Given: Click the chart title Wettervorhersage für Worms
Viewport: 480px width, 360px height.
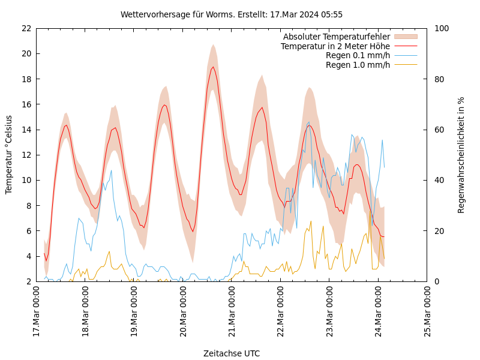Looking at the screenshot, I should tap(232, 14).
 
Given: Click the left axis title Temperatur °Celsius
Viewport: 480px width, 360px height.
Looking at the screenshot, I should tap(9, 154).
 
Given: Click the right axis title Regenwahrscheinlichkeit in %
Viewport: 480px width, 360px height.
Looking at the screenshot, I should tap(461, 154).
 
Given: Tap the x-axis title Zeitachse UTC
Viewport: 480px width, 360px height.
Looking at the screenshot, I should tap(232, 353).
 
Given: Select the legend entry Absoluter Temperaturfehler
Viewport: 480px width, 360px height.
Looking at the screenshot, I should tap(337, 37).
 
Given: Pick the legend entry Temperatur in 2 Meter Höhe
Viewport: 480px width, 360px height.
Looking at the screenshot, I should tap(335, 46).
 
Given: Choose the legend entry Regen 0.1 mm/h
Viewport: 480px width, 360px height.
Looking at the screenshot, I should tap(358, 56).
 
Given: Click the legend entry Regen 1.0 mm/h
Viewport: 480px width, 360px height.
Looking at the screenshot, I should tap(358, 65).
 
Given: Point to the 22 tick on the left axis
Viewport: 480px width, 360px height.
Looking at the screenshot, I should tap(26, 28).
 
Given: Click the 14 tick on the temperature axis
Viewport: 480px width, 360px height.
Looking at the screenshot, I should tap(26, 130).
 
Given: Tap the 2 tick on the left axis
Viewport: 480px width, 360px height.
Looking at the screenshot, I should tap(29, 281).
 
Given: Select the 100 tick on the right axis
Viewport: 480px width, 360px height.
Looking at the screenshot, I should tap(439, 28).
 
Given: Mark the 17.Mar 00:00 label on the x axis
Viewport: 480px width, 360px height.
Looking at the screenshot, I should tap(36, 312).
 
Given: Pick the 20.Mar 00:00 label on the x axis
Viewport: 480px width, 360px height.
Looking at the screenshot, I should tap(183, 312).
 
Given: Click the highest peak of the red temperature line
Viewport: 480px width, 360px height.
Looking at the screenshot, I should tap(213, 67).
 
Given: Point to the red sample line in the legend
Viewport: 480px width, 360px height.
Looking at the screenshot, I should tap(405, 46).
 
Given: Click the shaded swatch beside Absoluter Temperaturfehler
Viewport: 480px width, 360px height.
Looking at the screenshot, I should tap(405, 37).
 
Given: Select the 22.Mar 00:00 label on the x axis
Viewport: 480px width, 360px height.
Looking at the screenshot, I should tap(281, 312).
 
